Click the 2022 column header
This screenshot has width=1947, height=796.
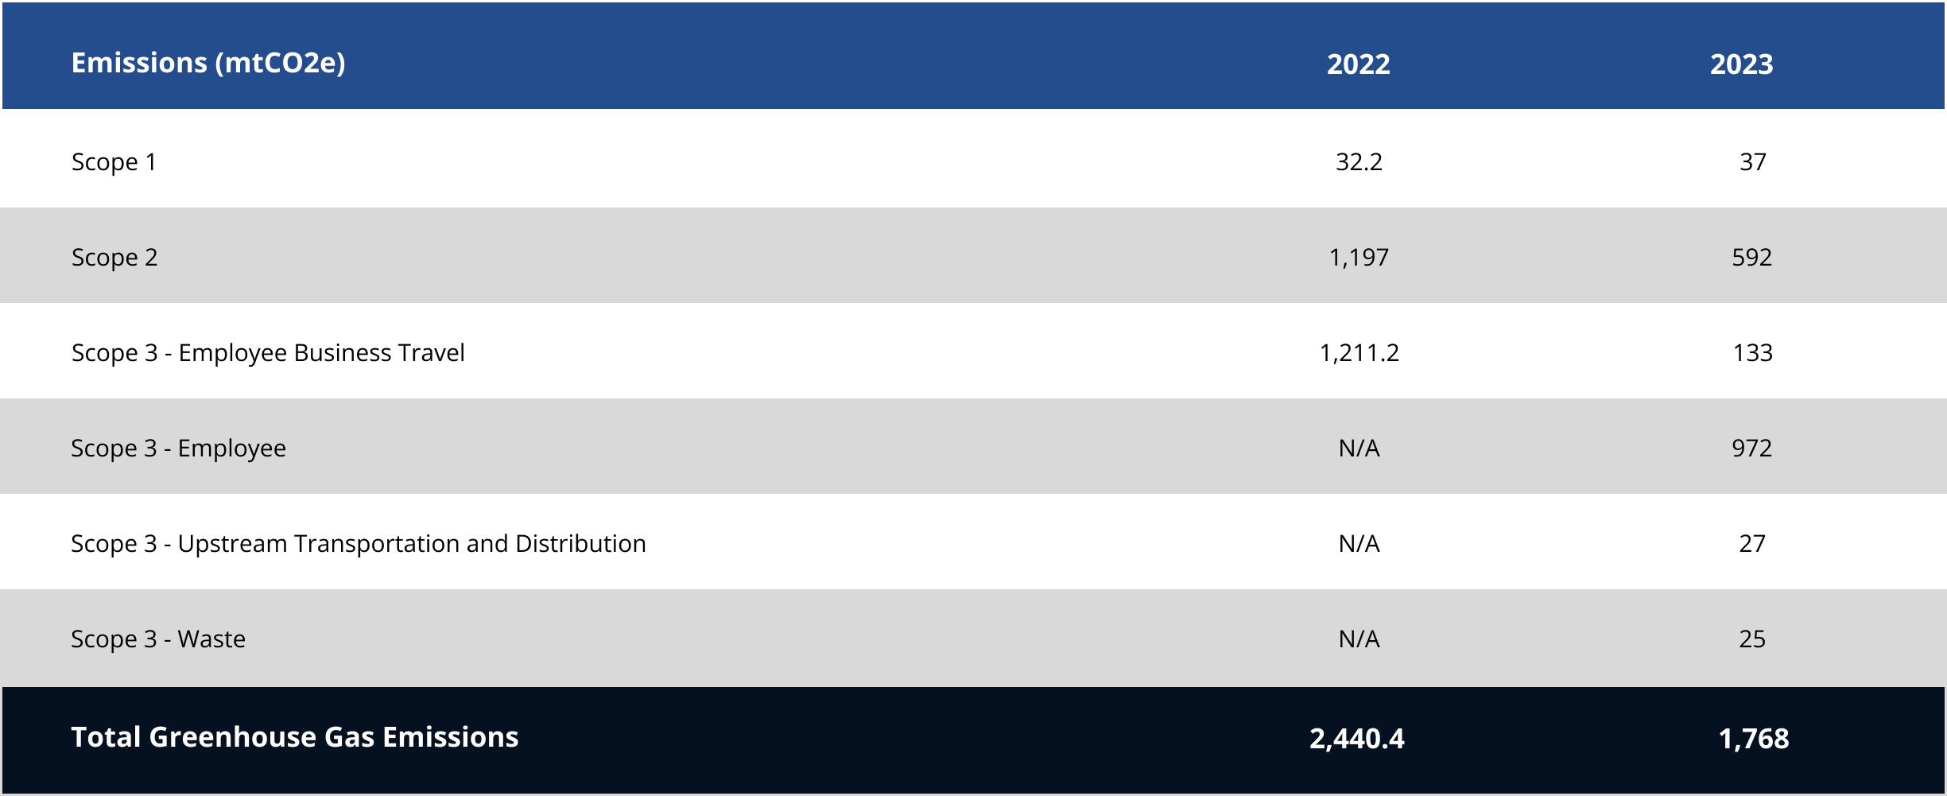(1358, 64)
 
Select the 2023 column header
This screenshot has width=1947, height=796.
(1741, 64)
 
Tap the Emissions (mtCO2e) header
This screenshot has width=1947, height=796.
(208, 63)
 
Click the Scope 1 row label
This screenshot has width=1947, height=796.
(114, 161)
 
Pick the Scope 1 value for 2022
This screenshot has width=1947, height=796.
(1359, 161)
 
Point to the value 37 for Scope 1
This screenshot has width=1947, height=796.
(1752, 161)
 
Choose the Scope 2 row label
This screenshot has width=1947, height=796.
(114, 257)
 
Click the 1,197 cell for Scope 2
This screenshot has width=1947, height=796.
(1359, 257)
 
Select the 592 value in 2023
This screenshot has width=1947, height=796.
(1751, 257)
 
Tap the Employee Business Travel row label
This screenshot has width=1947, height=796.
(268, 352)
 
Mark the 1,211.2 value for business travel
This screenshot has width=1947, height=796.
(1359, 352)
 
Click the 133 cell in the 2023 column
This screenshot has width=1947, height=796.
(1752, 352)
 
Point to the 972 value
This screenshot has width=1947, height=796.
(1751, 448)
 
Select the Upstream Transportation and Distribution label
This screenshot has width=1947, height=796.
(358, 543)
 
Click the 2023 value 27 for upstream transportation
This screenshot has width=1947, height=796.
(1751, 543)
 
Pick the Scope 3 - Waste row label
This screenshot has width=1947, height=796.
(158, 639)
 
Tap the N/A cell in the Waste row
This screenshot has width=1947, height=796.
(1359, 639)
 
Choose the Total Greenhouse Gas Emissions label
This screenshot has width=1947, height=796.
(294, 737)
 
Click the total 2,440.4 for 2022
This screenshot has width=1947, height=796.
(1356, 739)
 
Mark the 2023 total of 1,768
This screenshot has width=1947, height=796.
(1753, 739)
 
